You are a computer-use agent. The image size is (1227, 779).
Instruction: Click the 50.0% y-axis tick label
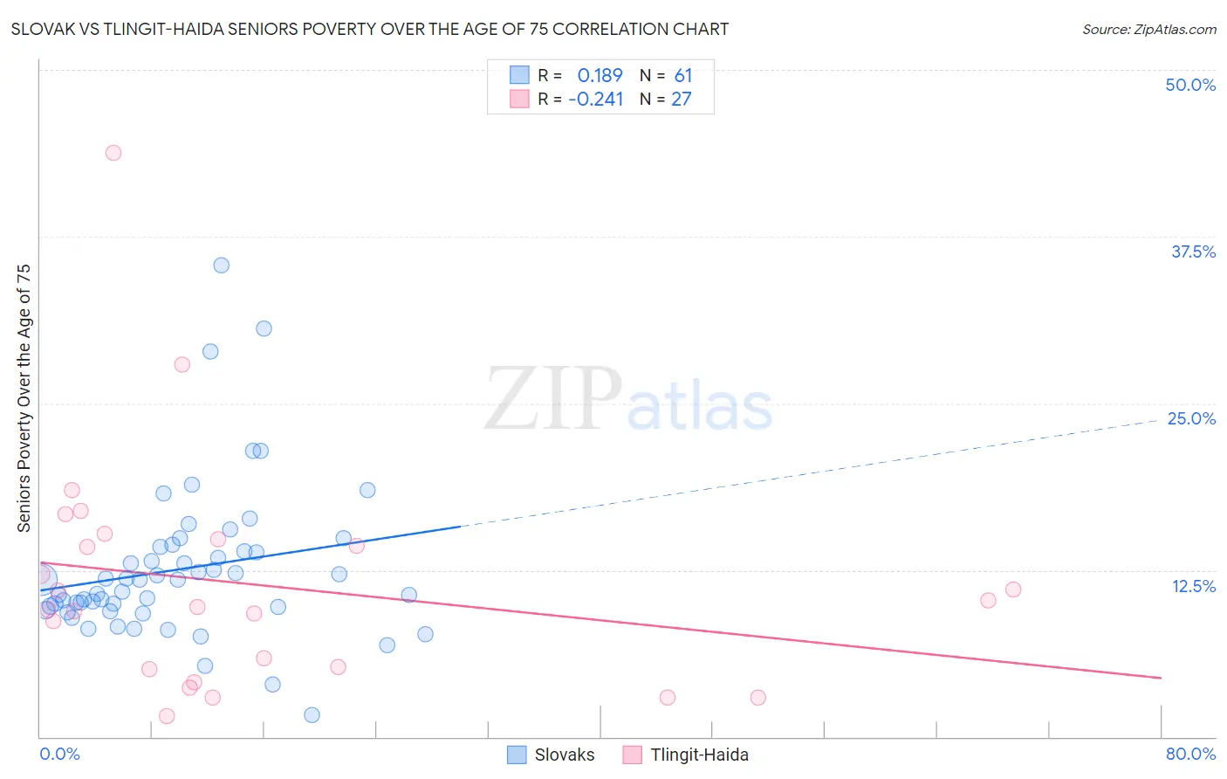tap(1190, 85)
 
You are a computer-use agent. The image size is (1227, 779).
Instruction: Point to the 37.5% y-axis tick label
tap(1193, 252)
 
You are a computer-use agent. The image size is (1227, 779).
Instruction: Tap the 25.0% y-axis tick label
tap(1191, 418)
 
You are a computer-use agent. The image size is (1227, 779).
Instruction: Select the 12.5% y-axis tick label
tap(1193, 586)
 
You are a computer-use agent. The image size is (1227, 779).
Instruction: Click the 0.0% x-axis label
tap(59, 754)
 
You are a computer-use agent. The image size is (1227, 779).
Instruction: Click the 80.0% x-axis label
tap(1190, 754)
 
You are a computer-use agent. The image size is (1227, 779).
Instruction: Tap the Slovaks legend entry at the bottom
tap(564, 755)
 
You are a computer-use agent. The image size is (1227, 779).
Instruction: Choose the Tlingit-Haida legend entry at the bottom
tap(699, 755)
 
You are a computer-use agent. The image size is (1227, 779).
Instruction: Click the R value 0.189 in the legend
tap(600, 76)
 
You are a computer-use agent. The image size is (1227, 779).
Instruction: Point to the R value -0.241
tap(596, 100)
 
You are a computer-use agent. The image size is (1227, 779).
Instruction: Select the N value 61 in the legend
tap(682, 76)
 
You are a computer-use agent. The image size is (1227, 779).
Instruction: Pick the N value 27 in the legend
tap(681, 100)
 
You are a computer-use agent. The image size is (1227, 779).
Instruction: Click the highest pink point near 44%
tap(113, 153)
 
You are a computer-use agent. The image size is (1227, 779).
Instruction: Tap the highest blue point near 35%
tap(222, 265)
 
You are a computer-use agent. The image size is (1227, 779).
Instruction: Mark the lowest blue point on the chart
tap(312, 715)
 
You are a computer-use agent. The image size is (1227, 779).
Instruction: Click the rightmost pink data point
tap(1013, 589)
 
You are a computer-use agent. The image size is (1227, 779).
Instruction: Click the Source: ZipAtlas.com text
tap(1148, 30)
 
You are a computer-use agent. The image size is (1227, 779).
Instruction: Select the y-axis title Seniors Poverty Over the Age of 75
tap(24, 397)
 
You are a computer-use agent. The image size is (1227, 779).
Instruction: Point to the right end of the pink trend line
tap(1161, 678)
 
